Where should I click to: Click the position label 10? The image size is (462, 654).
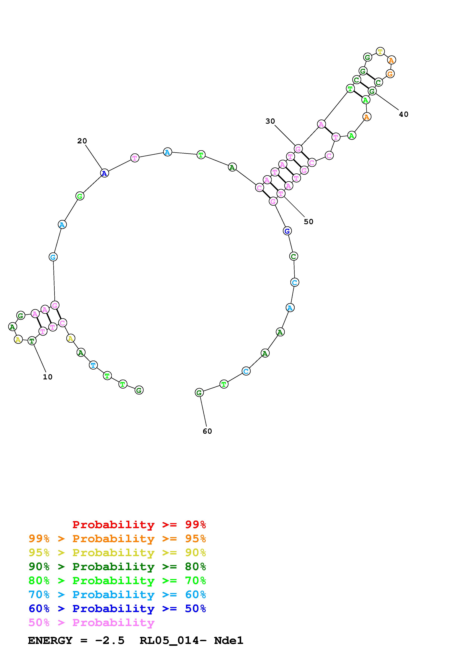click(x=48, y=377)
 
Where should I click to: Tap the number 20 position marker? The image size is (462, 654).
click(x=82, y=141)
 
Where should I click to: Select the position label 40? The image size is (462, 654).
click(x=404, y=114)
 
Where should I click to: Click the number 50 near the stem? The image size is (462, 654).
click(x=309, y=222)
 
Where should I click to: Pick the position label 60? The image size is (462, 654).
click(x=207, y=431)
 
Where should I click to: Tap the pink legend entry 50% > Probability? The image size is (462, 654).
click(x=91, y=622)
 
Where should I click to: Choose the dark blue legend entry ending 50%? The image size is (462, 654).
click(x=117, y=609)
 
